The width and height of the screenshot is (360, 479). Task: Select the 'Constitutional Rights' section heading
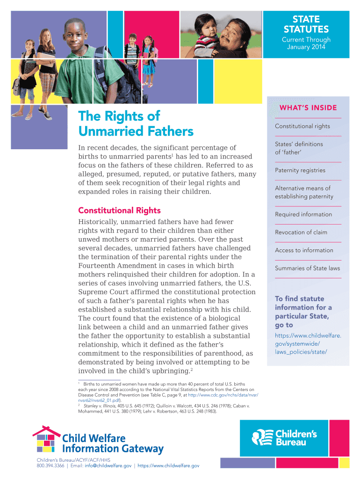pos(119,210)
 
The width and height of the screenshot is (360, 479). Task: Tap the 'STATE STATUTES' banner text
pos(306,24)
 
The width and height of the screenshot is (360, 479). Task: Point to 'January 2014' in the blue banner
pos(306,47)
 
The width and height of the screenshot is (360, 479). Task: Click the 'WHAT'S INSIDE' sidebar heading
pos(308,108)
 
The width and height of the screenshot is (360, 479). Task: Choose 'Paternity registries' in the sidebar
pos(300,170)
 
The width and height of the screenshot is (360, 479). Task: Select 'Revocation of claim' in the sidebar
pos(301,232)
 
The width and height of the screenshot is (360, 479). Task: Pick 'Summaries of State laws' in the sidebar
pos(307,268)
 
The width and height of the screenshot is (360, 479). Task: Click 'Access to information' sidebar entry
pos(304,250)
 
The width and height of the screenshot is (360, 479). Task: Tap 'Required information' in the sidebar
pos(303,214)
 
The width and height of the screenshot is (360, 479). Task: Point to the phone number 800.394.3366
pos(51,466)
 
